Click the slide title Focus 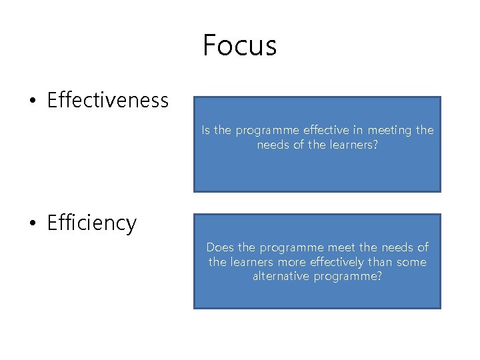[x=239, y=45]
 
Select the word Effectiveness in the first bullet [x=108, y=101]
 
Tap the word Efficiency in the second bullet [x=92, y=223]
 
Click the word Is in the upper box [x=206, y=131]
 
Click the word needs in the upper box [x=274, y=144]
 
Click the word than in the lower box [x=380, y=262]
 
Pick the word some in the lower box [x=411, y=262]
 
